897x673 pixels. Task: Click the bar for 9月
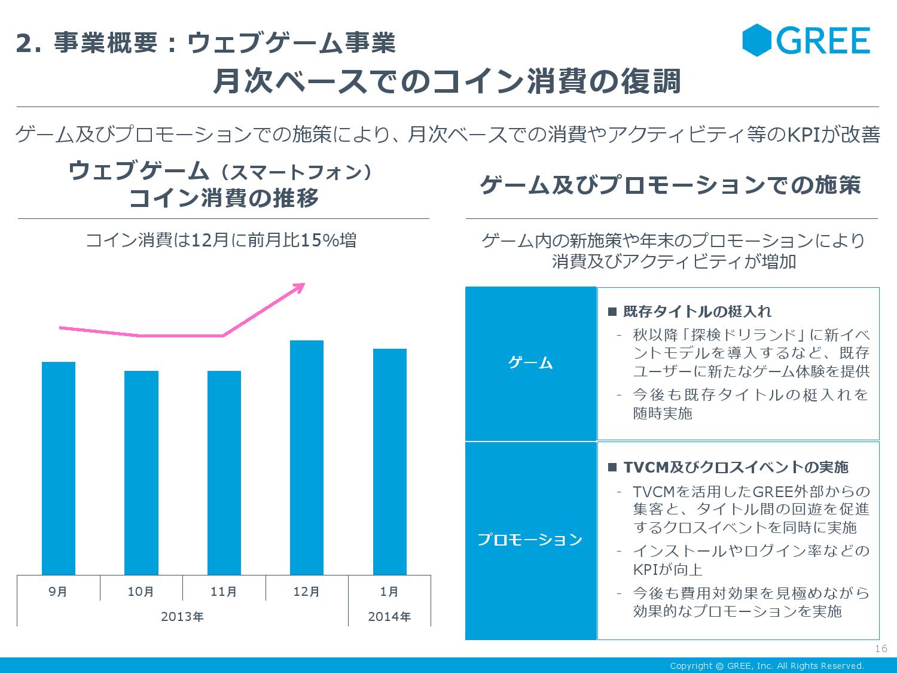59,468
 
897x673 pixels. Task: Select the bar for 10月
141,473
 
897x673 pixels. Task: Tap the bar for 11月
224,473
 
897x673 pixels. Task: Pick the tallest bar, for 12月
307,458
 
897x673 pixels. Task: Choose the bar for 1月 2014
389,462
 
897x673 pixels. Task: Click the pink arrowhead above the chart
299,287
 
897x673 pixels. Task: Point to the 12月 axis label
307,592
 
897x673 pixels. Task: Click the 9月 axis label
59,592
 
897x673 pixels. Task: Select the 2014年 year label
389,616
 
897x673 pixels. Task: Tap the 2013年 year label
182,616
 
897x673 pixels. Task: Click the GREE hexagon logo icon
758,41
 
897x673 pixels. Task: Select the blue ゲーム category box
531,364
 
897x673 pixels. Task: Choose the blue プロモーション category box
531,540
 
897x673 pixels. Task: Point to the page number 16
881,650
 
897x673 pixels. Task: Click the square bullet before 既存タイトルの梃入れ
612,312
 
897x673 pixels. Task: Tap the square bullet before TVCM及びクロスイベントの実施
612,467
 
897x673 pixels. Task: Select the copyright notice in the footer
767,666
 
